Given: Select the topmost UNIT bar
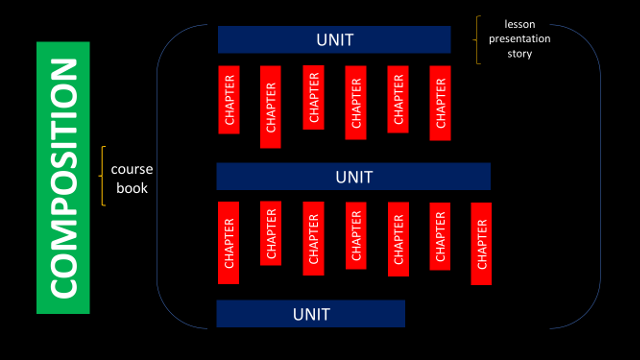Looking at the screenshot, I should click(334, 40).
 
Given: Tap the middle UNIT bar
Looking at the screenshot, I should click(353, 176).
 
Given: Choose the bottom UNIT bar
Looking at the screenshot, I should click(310, 313).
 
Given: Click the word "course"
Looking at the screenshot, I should click(131, 169).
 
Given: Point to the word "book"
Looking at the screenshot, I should click(131, 187).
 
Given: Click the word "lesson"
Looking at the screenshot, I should click(519, 22).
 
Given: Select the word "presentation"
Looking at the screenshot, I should click(519, 38).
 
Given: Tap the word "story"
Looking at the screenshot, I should click(519, 54).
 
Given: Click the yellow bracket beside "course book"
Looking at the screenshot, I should click(103, 177).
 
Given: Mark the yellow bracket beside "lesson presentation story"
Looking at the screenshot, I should click(478, 39).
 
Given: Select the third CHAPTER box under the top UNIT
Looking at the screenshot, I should click(314, 98).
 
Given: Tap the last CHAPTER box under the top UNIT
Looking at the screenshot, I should click(441, 103).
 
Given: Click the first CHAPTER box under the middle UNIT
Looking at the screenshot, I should click(229, 243).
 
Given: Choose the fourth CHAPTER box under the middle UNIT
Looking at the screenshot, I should click(356, 235).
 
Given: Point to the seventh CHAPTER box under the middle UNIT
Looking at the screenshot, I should click(481, 243).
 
